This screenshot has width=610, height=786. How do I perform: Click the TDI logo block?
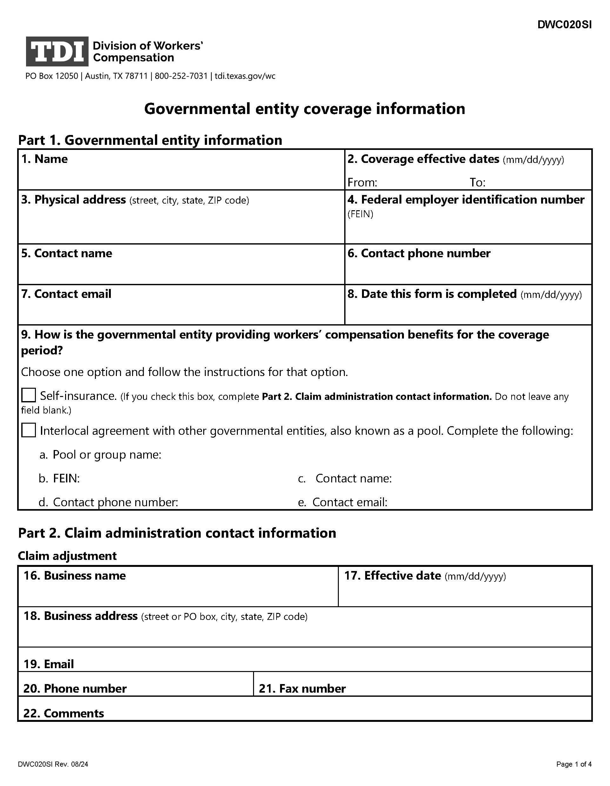(x=57, y=51)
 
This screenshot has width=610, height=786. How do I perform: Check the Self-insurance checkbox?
(x=29, y=395)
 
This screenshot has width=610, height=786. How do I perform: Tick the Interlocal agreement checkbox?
(x=29, y=430)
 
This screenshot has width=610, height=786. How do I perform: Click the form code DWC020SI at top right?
(x=564, y=24)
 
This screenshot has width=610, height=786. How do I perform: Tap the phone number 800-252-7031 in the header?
(x=181, y=76)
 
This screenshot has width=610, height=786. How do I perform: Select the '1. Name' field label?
(x=44, y=159)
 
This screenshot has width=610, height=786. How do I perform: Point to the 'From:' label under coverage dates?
(x=362, y=183)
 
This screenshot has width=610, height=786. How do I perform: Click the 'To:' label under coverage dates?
(x=477, y=183)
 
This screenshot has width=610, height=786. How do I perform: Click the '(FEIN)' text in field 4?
(x=360, y=214)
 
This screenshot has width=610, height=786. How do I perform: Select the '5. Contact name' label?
(x=67, y=253)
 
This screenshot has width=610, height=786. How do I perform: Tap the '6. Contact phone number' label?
(x=419, y=253)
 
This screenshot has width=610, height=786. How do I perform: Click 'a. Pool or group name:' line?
(x=100, y=454)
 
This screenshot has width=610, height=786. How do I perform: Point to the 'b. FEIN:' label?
(x=59, y=478)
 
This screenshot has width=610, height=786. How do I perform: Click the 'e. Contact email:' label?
(x=343, y=502)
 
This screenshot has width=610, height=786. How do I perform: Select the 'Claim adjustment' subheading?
(x=67, y=556)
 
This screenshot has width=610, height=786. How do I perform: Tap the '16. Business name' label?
(x=75, y=575)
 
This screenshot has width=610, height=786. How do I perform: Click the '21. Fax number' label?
(x=302, y=689)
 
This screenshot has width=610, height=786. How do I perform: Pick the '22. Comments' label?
(x=64, y=713)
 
